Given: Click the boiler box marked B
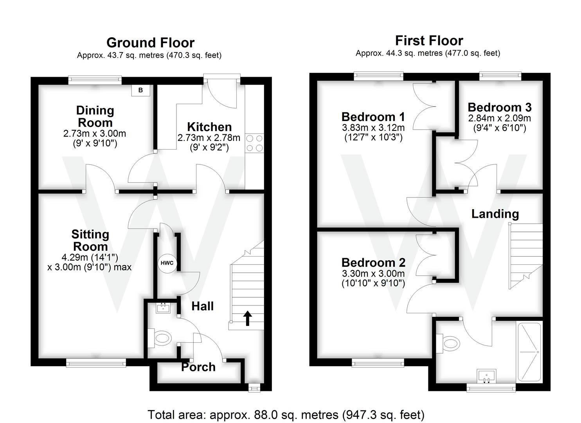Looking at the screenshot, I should (140, 90).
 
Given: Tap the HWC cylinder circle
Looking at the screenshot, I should (166, 263).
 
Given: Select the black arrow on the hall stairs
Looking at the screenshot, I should (247, 318).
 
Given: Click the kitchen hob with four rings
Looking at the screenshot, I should (254, 143).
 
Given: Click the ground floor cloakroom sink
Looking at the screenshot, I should (163, 308).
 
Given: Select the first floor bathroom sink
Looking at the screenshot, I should (487, 376).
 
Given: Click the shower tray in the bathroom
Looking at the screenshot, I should (529, 352).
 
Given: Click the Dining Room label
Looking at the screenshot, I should (95, 116).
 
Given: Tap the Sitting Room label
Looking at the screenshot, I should (90, 240).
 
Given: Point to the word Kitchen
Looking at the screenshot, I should (209, 127).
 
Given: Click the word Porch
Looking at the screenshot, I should (198, 367).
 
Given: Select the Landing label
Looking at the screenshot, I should (495, 214).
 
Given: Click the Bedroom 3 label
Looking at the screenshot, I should (500, 107).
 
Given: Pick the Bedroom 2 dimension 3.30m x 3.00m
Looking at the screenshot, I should (373, 274).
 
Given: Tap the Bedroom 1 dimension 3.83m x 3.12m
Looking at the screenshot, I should (373, 128).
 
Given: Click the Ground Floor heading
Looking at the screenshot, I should (150, 43).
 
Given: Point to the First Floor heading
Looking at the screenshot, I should (429, 41).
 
